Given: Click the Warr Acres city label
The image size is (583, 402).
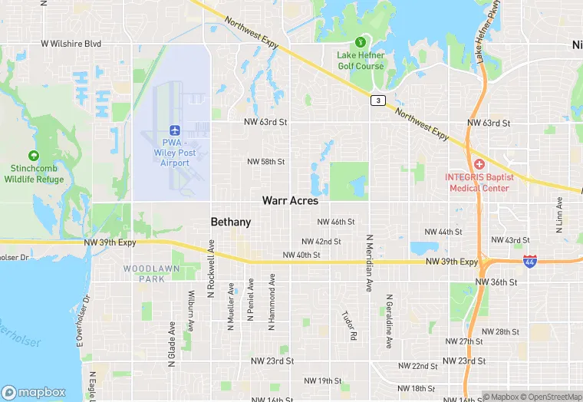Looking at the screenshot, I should click(x=290, y=200).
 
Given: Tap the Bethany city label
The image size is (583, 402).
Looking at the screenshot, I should click(x=231, y=222).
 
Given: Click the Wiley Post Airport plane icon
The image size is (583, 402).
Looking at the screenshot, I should click(x=175, y=130).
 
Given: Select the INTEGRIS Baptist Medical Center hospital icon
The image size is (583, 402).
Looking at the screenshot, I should click(x=479, y=164).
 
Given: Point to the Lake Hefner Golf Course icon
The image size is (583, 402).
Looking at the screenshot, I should click(x=360, y=41).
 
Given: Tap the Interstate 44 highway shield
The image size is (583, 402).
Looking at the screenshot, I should click(x=530, y=262).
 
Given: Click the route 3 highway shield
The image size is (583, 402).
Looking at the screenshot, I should click(x=377, y=100).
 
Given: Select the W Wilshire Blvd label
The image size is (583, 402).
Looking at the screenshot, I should click(x=71, y=44).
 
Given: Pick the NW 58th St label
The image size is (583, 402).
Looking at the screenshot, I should click(x=266, y=162).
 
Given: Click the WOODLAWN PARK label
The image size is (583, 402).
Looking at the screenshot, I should click(x=144, y=273).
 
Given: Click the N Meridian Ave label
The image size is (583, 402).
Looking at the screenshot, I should click(x=369, y=263).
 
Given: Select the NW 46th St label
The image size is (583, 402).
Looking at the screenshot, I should click(x=336, y=222).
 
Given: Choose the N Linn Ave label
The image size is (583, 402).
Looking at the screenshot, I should click(x=559, y=216).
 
